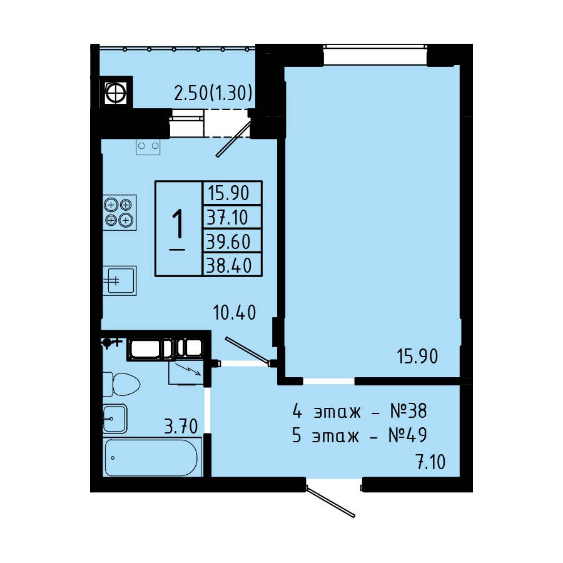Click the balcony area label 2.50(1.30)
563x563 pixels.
click(x=213, y=93)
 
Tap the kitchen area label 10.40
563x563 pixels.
click(x=235, y=312)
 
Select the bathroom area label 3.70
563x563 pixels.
click(x=181, y=426)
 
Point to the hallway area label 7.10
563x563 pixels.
click(x=431, y=462)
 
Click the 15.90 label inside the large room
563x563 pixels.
click(x=417, y=357)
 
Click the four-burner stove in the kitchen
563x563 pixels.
click(x=119, y=212)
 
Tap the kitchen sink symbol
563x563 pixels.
click(x=119, y=280)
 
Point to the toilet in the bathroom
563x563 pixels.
click(x=121, y=384)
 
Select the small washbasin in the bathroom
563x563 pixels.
click(x=115, y=418)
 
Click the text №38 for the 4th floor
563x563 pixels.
click(x=408, y=411)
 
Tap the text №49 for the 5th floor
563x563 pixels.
click(x=407, y=435)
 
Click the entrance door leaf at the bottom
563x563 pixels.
click(x=330, y=502)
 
